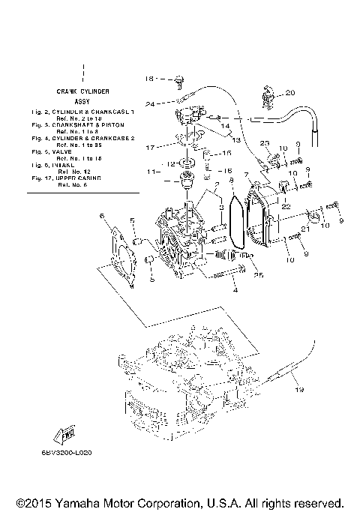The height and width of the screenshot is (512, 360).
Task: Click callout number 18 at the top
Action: point(148,78)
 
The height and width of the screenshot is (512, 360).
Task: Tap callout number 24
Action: point(150,104)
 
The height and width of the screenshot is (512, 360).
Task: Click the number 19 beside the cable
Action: point(299,391)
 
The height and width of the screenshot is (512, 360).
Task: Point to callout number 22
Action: point(286,206)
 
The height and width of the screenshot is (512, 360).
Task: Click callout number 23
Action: point(264,142)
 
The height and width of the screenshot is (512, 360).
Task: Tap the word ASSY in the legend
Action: point(82,100)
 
